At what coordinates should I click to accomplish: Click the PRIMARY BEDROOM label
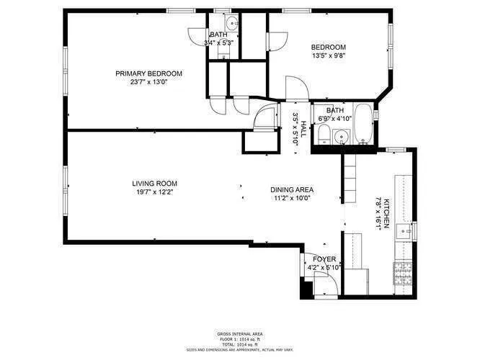[149, 73]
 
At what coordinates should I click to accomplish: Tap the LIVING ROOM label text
[154, 183]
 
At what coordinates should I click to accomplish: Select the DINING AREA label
[293, 190]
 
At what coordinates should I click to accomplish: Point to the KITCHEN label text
[387, 214]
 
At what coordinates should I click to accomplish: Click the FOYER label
[324, 258]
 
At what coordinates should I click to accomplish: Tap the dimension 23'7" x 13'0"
[149, 82]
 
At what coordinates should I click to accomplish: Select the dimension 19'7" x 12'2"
[154, 192]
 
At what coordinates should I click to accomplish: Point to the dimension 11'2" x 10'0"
[293, 199]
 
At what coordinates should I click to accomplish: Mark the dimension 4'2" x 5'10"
[324, 268]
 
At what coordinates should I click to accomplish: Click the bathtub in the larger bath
[363, 126]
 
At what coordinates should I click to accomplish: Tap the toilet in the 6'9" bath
[325, 134]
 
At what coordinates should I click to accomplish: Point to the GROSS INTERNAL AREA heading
[239, 333]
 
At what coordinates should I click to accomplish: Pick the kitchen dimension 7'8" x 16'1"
[378, 214]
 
